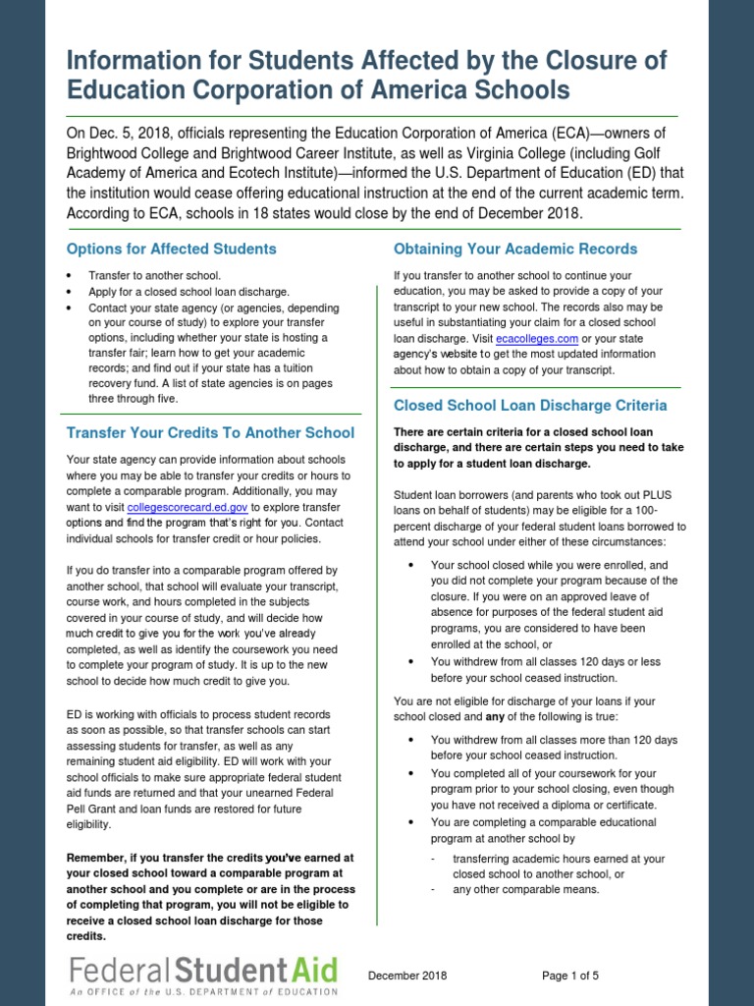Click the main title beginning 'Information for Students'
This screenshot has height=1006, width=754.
366,77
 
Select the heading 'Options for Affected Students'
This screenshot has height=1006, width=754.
171,249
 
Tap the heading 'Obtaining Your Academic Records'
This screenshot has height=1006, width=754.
514,249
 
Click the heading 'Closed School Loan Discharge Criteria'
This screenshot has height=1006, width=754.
530,405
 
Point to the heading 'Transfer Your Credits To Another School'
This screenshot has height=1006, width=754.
210,432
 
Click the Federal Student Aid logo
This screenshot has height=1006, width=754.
203,978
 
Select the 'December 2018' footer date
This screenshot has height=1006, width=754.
407,976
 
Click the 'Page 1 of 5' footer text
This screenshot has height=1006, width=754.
570,976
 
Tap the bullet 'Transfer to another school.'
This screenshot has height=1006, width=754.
154,276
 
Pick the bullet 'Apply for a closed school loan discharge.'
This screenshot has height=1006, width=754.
188,292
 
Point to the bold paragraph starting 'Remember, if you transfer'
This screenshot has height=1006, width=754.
210,896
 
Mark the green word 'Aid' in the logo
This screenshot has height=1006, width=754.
312,972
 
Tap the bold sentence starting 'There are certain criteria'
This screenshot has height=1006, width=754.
537,447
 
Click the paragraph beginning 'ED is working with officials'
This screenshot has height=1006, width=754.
204,769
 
